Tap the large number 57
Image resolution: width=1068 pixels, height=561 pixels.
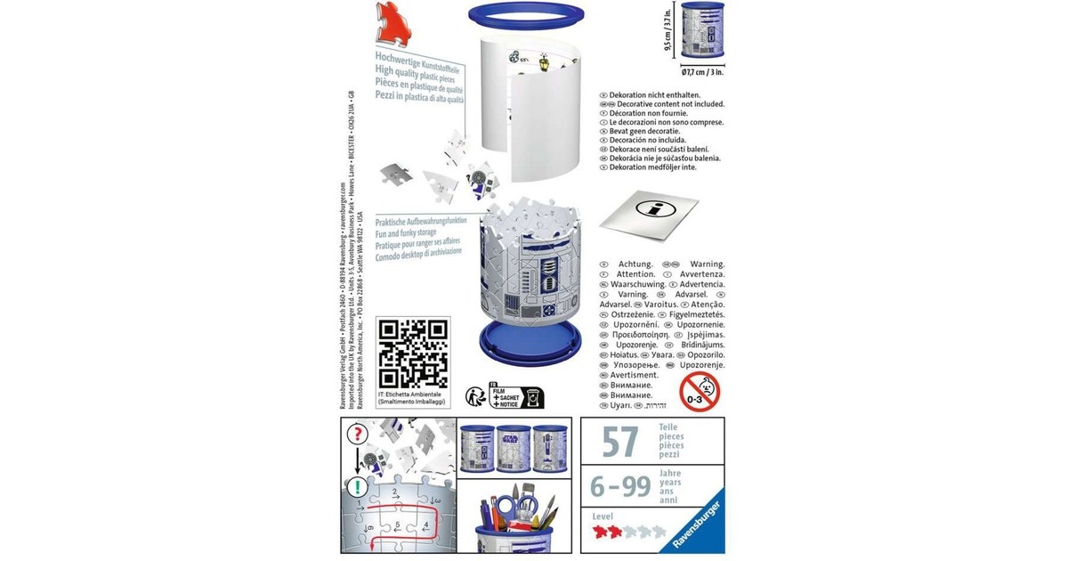(621, 440)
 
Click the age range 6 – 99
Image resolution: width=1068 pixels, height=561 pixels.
(620, 485)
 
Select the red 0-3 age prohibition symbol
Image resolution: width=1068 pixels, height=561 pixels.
(700, 390)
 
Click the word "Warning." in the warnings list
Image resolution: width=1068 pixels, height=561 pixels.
(707, 264)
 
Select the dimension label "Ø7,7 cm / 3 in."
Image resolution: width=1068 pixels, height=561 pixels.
(702, 71)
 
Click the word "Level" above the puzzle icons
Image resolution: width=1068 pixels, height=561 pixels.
(603, 516)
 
